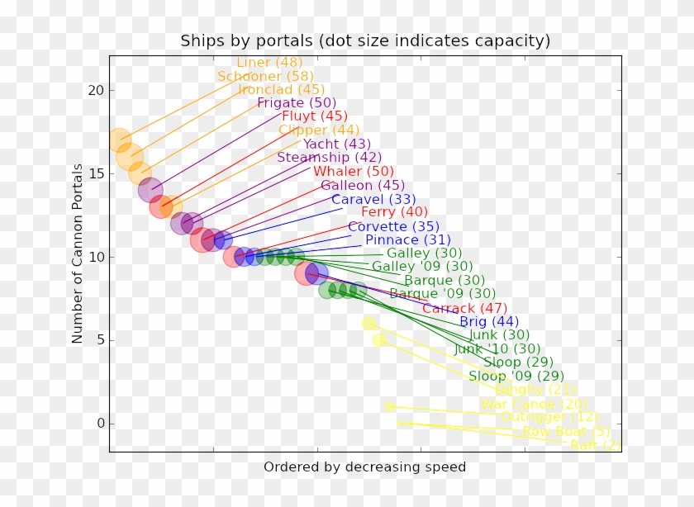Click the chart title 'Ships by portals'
(x=365, y=40)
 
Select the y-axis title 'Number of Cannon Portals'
(x=78, y=253)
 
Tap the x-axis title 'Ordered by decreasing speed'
(x=364, y=467)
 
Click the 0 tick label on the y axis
(x=101, y=424)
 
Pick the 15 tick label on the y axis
(x=97, y=173)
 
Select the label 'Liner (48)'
(x=269, y=63)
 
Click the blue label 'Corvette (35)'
(x=393, y=226)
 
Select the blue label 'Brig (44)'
(x=489, y=322)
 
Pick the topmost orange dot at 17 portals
(x=121, y=140)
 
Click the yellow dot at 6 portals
(x=369, y=323)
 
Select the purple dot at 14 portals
(x=150, y=190)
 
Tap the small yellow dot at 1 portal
(x=390, y=406)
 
